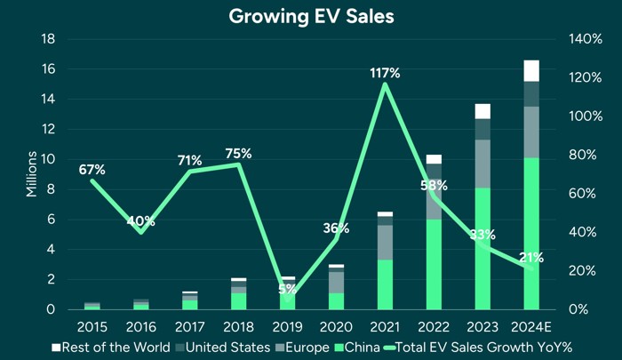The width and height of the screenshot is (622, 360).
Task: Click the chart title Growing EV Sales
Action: tap(310, 16)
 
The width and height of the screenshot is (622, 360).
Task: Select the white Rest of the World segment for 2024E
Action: tap(531, 70)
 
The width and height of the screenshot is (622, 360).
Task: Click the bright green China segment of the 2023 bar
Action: tap(482, 249)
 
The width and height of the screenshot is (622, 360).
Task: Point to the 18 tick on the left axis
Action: tap(51, 39)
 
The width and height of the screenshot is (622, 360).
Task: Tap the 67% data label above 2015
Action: tap(92, 169)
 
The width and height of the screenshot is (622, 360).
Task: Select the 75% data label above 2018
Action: tap(238, 154)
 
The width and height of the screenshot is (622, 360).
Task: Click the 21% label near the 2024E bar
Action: tap(530, 258)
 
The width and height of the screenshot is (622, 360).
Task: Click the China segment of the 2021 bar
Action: tap(385, 284)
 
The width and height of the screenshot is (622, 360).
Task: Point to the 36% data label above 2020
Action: tap(336, 228)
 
